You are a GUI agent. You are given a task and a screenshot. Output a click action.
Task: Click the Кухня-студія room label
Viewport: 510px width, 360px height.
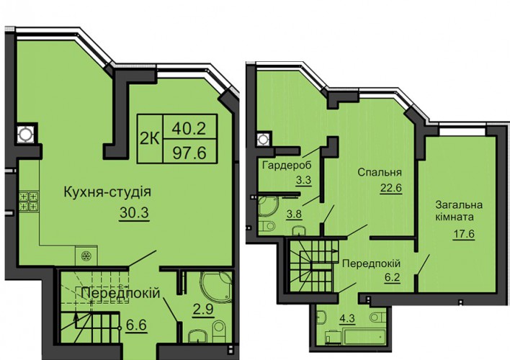tap(107, 192)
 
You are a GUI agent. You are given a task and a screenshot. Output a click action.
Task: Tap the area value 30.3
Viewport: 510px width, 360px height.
tap(134, 212)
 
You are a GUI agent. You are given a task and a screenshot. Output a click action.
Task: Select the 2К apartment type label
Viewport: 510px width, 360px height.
tap(150, 139)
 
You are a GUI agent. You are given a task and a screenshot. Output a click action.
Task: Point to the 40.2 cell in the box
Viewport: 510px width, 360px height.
tap(189, 128)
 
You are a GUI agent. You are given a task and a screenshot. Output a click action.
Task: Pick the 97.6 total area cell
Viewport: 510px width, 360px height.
tap(189, 152)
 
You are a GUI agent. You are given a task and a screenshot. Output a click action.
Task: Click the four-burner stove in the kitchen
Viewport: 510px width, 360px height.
tap(29, 202)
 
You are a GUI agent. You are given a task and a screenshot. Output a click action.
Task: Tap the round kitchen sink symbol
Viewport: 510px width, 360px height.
tap(86, 256)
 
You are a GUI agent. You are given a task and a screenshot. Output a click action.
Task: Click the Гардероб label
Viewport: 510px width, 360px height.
tap(287, 165)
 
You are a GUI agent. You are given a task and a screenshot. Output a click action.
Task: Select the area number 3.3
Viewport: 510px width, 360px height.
tap(303, 180)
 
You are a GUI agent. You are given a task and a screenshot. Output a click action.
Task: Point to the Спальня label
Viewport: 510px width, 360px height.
tap(380, 172)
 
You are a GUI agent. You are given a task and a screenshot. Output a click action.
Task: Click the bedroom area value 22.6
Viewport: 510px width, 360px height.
tap(391, 188)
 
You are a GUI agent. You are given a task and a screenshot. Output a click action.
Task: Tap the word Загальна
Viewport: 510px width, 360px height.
tap(459, 205)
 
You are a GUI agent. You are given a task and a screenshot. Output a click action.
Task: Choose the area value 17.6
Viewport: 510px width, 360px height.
tap(464, 233)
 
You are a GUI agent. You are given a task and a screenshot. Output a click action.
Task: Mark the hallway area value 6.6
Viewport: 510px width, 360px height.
tap(137, 325)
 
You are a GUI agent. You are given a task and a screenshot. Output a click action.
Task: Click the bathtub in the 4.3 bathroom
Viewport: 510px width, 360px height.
tap(364, 336)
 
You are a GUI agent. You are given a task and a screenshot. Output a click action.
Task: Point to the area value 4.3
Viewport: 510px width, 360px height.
tap(347, 318)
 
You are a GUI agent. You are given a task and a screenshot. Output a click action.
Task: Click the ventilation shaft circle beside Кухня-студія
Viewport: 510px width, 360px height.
tap(25, 134)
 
